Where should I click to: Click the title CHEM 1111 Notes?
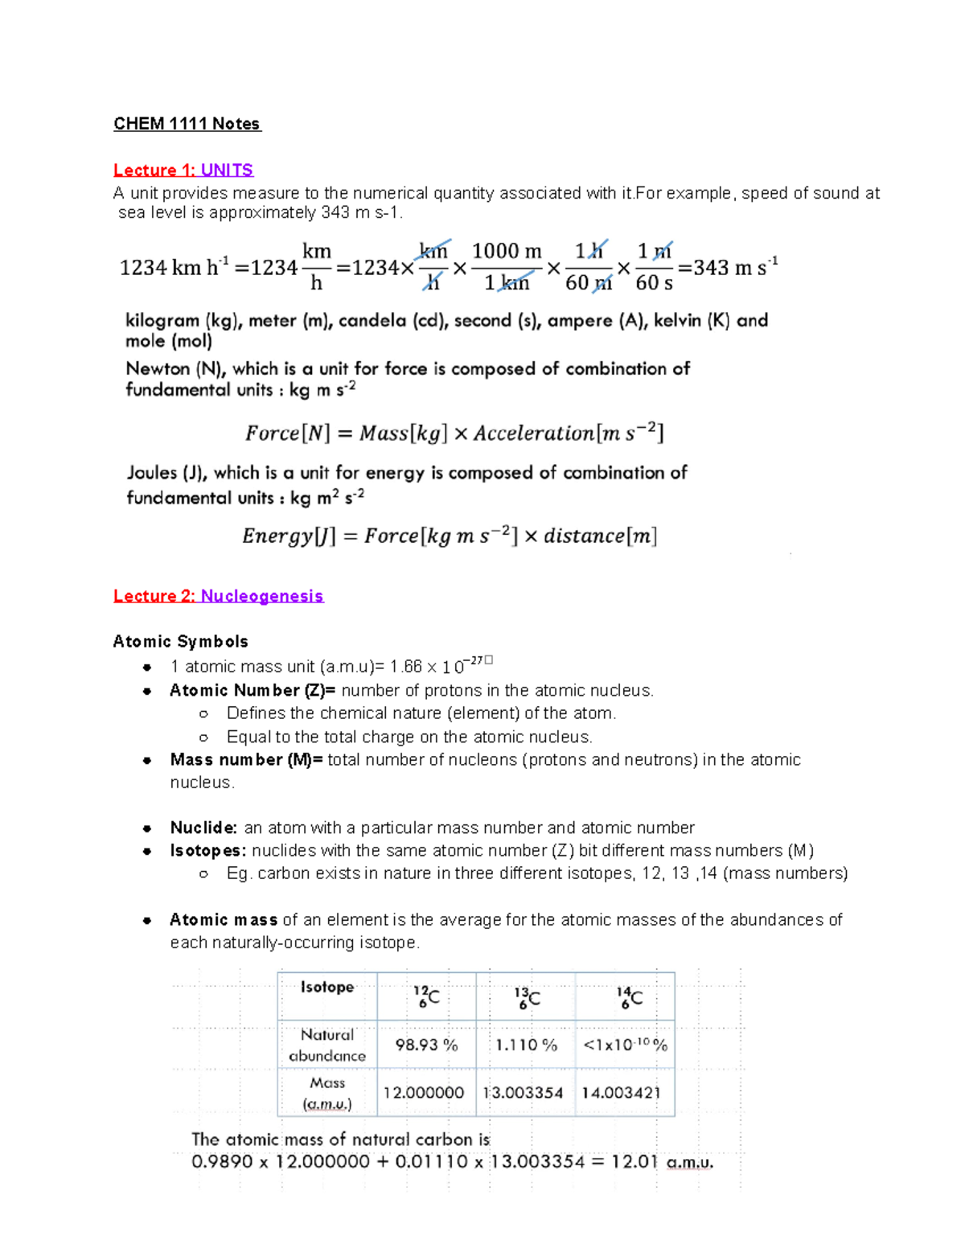point(187,124)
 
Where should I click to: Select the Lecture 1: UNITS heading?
point(183,171)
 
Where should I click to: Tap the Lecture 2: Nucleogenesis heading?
point(218,596)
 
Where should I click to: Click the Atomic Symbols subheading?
point(180,642)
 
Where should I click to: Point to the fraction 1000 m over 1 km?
point(507,267)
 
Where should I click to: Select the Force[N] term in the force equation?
point(288,433)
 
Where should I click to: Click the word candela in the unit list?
point(372,321)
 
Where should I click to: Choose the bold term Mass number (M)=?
point(246,760)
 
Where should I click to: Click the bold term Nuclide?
point(203,828)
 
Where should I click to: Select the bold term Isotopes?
point(208,851)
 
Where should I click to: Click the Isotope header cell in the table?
point(327,988)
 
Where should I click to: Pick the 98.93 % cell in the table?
point(426,1045)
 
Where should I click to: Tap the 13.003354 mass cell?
point(524,1093)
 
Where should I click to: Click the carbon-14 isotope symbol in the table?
point(629,997)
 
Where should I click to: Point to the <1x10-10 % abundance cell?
point(625,1045)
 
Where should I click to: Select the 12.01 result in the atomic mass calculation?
point(634,1162)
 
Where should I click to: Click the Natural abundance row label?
point(327,1046)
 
